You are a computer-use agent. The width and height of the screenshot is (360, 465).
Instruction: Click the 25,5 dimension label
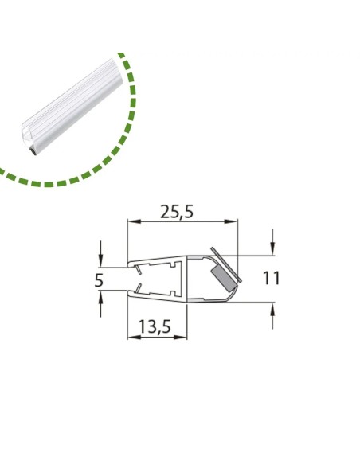(177, 212)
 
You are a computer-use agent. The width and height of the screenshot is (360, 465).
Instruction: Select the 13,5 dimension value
(155, 327)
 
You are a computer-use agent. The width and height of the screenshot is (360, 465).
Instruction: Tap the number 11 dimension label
(272, 279)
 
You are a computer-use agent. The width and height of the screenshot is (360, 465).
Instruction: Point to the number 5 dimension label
(99, 280)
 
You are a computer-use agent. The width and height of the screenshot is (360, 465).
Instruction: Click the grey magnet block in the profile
(223, 279)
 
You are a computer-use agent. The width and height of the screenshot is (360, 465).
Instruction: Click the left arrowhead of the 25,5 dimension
(134, 221)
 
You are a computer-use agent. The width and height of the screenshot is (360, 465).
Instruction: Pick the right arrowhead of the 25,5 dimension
(231, 221)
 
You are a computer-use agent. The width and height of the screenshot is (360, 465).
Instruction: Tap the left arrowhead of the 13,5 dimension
(134, 337)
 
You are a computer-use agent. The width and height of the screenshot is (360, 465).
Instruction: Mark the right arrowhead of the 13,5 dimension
(181, 337)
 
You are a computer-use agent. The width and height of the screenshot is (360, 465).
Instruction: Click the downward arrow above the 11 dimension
(272, 242)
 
